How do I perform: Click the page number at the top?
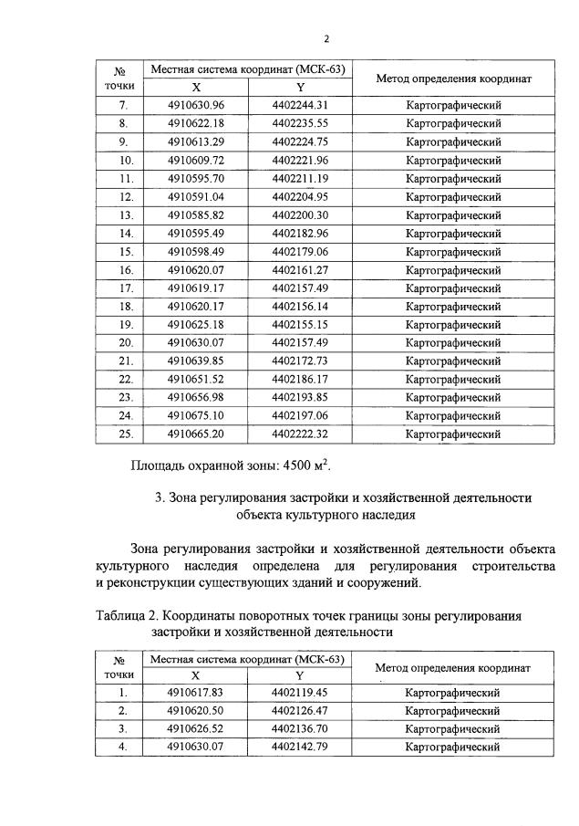point(326,37)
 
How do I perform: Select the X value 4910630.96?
point(195,105)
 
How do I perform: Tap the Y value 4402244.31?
point(300,105)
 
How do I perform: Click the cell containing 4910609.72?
point(195,160)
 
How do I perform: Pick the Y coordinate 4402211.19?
point(300,178)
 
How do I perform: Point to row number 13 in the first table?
point(127,215)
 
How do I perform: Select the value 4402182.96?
point(300,234)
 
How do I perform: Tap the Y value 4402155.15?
point(300,325)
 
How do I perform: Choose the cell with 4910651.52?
point(195,380)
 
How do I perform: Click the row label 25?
point(127,434)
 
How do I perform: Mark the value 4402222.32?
point(300,434)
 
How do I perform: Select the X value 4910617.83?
point(195,693)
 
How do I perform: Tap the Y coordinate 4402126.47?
point(300,711)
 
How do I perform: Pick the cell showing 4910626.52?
point(195,729)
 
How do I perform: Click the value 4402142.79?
point(300,748)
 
